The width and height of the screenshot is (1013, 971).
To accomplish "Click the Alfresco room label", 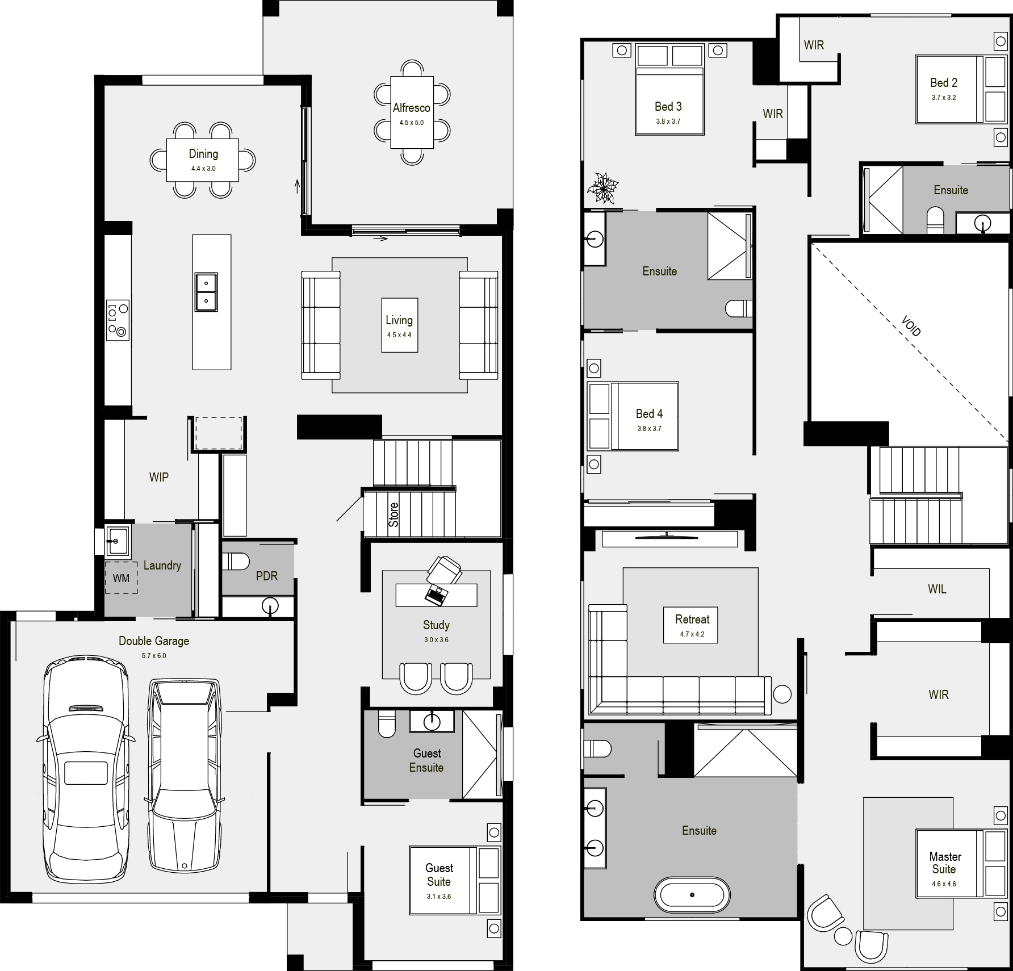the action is click(412, 107).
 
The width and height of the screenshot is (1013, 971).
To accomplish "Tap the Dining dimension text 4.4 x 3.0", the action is click(203, 169).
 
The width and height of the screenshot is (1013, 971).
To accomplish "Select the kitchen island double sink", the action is click(206, 292).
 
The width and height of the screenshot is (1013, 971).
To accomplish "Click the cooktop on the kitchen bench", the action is click(118, 320).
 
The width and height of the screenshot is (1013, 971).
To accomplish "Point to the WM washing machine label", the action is click(121, 578).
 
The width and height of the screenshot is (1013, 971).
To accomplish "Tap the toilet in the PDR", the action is click(235, 562).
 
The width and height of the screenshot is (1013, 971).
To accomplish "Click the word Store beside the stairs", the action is click(394, 514).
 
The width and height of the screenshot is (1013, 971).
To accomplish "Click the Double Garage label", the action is click(154, 641).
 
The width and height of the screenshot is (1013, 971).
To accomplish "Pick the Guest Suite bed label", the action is click(439, 874).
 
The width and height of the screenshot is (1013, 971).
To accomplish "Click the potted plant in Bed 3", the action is click(603, 187).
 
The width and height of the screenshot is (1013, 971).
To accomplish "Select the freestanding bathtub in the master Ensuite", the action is click(692, 895).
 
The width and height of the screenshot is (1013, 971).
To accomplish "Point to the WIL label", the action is click(937, 589).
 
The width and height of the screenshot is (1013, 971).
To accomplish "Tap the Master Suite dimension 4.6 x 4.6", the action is click(944, 884).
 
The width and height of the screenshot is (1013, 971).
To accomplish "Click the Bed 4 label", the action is click(649, 414).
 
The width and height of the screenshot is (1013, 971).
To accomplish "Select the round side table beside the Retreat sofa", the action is click(782, 694).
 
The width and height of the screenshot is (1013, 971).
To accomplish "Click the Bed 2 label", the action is click(944, 83).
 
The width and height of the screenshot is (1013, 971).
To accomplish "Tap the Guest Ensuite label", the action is click(427, 760).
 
